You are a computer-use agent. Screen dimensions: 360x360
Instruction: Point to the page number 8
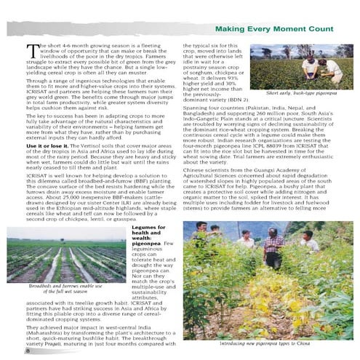point(27,351)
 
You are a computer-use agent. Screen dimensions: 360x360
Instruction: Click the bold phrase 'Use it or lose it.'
point(52,147)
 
